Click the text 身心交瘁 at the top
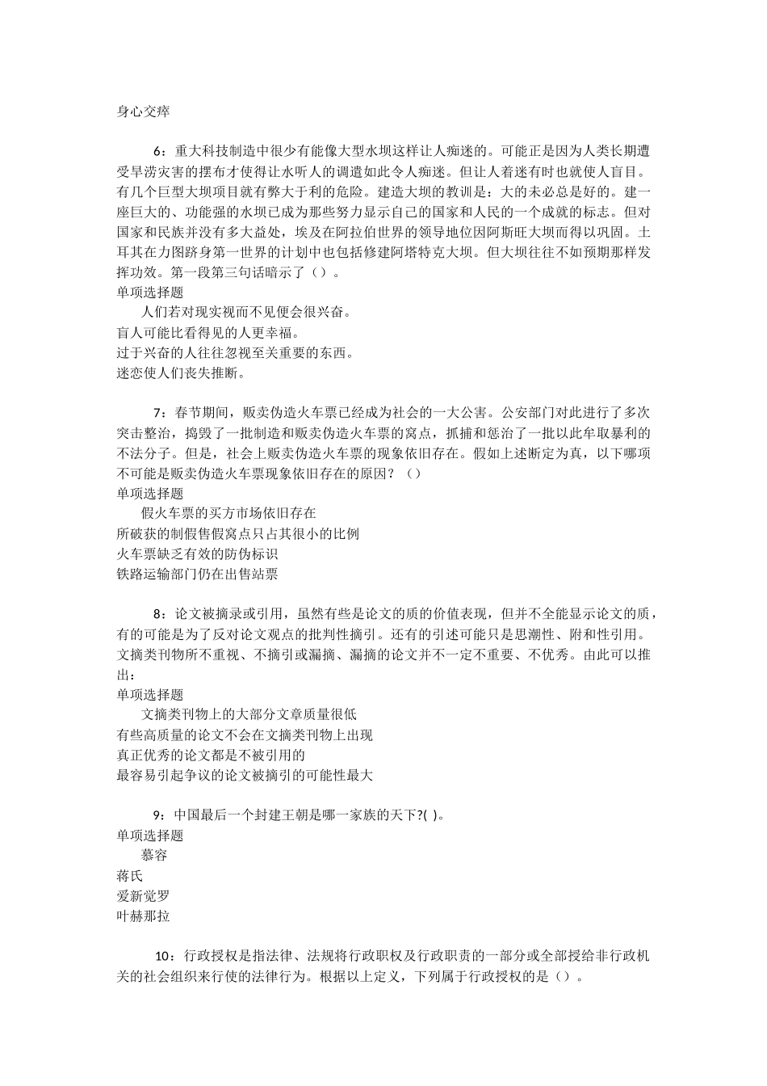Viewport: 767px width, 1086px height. point(143,112)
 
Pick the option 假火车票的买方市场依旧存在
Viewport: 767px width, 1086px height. point(228,513)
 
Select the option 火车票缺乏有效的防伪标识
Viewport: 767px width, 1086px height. point(197,554)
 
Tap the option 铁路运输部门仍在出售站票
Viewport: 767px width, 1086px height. point(197,574)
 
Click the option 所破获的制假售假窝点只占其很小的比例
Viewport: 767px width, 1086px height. point(237,533)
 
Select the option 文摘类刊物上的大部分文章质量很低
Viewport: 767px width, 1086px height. point(249,714)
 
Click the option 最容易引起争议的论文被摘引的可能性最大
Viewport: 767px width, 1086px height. point(245,775)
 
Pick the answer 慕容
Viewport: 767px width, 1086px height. point(154,856)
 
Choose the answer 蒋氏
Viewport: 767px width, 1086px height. point(129,876)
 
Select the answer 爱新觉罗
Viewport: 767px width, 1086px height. point(143,896)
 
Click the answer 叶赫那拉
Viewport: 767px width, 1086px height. point(143,916)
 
